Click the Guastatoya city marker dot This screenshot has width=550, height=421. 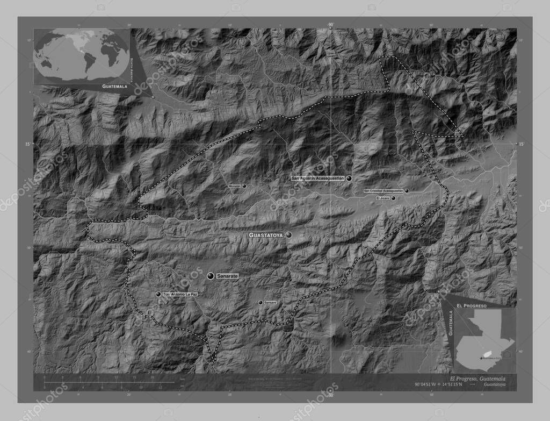point(289,235)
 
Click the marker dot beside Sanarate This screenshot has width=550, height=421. point(211,275)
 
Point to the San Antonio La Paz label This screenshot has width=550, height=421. point(181,295)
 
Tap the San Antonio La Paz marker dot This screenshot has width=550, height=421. point(158,295)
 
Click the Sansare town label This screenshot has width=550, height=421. point(270,303)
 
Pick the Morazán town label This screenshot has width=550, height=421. point(235,186)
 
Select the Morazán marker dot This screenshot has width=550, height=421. point(244,186)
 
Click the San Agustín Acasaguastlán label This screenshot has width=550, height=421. point(318,178)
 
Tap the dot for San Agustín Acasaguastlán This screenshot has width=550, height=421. point(349,178)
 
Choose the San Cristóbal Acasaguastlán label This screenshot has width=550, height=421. point(383,191)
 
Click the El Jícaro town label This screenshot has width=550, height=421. point(382,198)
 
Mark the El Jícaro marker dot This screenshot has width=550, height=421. point(394,198)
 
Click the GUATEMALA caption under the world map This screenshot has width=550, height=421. point(115,86)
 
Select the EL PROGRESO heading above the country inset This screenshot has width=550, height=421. point(472,305)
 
